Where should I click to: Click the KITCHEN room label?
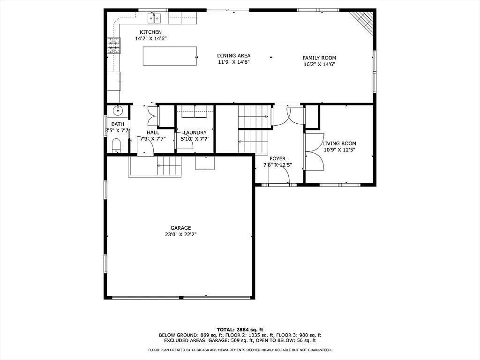coord(150,32)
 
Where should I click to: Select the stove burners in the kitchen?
coord(113,45)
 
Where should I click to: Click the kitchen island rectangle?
coord(170,56)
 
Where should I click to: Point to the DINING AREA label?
coord(234,56)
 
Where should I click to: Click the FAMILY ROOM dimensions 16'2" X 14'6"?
coord(319,64)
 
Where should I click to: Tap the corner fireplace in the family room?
coord(363,22)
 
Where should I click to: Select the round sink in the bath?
coord(117,111)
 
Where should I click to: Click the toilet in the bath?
coord(116,145)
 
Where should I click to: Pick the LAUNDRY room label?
coord(195,133)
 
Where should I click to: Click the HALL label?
coord(153,133)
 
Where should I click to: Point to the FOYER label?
coord(277,158)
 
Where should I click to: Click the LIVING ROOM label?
coord(339,143)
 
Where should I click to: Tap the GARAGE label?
coord(180,228)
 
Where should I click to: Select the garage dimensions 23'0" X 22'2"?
coord(180,234)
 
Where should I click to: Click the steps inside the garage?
coord(169,165)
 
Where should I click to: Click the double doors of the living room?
coord(315,152)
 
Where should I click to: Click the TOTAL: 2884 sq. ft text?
coord(240,330)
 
